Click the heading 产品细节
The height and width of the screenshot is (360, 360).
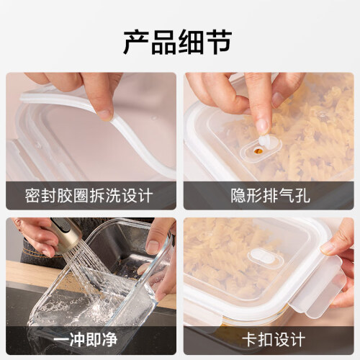[x=178, y=42]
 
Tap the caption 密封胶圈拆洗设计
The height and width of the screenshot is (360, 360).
[x=89, y=196]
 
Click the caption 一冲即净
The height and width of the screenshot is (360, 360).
[x=86, y=340]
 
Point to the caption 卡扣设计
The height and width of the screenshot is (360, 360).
[x=274, y=340]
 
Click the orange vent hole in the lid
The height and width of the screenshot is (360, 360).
[x=258, y=151]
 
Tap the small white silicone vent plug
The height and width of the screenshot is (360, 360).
[x=265, y=142]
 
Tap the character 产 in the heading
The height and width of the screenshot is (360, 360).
[x=136, y=42]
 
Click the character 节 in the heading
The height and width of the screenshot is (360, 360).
[x=220, y=42]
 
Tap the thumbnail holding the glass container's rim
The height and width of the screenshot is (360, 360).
[x=153, y=246]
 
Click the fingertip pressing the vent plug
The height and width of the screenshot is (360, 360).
[x=263, y=127]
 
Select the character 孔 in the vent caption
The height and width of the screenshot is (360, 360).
[x=302, y=196]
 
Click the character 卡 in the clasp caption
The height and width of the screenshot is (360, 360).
[x=250, y=340]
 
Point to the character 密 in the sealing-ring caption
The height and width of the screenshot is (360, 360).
[x=32, y=196]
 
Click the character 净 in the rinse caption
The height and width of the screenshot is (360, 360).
[x=110, y=340]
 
